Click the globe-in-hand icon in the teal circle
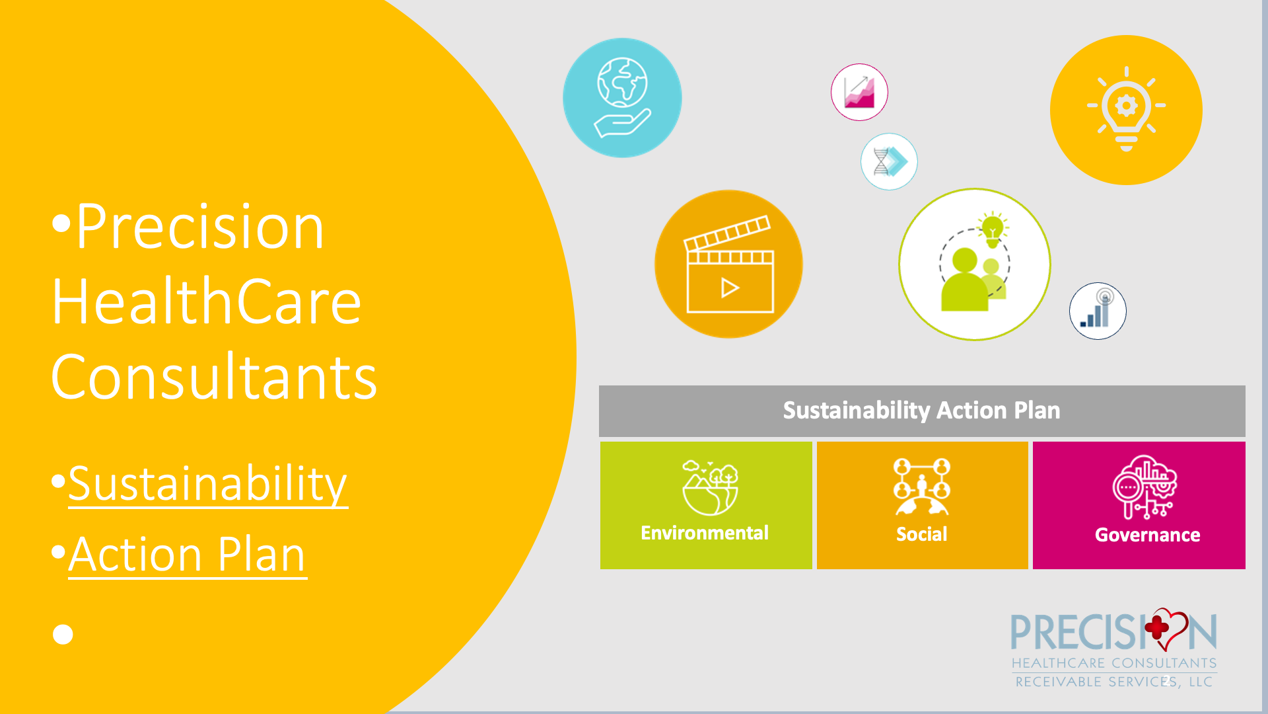click(622, 97)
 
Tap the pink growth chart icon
click(859, 92)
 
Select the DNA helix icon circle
click(889, 161)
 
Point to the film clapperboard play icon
click(729, 264)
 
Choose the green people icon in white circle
click(974, 264)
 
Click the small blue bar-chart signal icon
click(1098, 311)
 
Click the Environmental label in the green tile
click(705, 533)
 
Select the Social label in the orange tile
click(922, 534)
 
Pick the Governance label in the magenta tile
click(1148, 535)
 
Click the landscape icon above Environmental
click(710, 488)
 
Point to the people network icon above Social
click(922, 487)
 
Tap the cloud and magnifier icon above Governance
click(1145, 487)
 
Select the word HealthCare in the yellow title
click(207, 301)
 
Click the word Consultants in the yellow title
click(214, 377)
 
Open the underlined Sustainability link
click(208, 484)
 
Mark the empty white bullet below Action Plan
click(63, 635)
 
